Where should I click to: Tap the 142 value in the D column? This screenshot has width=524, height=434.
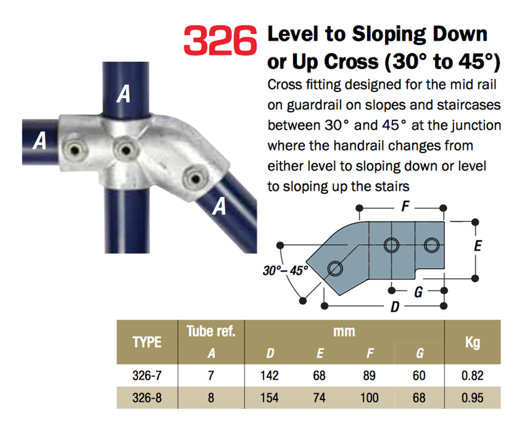269,376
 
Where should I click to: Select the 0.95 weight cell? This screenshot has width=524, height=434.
471,398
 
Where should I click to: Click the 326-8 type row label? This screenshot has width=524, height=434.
147,398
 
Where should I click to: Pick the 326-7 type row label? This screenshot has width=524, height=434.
147,376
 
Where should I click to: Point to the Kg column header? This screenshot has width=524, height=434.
472,342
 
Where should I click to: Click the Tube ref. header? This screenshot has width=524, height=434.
211,332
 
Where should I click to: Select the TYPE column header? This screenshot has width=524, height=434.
147,342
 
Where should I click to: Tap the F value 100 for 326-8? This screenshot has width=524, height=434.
369,398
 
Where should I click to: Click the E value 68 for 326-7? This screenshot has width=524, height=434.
319,376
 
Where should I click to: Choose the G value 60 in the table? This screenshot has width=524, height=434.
419,376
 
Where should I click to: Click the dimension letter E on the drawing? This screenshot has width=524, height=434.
477,246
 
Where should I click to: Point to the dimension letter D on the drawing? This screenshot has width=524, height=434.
394,307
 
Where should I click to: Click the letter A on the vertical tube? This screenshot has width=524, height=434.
123,94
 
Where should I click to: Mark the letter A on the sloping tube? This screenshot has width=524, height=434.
219,206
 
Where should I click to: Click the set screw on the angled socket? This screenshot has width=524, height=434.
194,179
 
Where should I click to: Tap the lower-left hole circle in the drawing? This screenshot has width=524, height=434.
336,267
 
